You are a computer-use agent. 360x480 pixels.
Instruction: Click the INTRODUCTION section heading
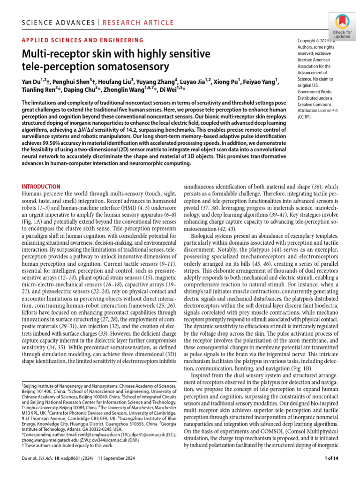(41, 186)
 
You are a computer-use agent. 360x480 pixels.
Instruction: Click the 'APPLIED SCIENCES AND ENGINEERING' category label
(83, 41)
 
